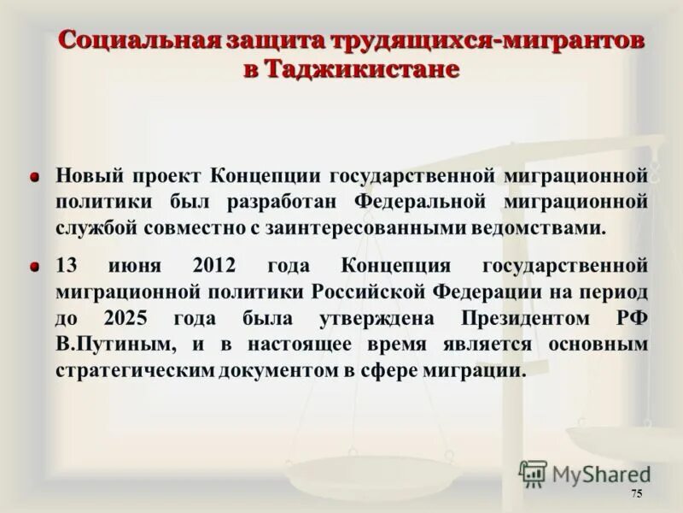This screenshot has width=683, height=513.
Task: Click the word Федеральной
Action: tap(420, 202)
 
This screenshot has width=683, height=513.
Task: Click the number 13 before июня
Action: tap(67, 264)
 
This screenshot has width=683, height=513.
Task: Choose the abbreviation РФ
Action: tap(630, 318)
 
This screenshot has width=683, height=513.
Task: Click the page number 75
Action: tap(636, 495)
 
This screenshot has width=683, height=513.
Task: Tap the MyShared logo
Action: tap(584, 473)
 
